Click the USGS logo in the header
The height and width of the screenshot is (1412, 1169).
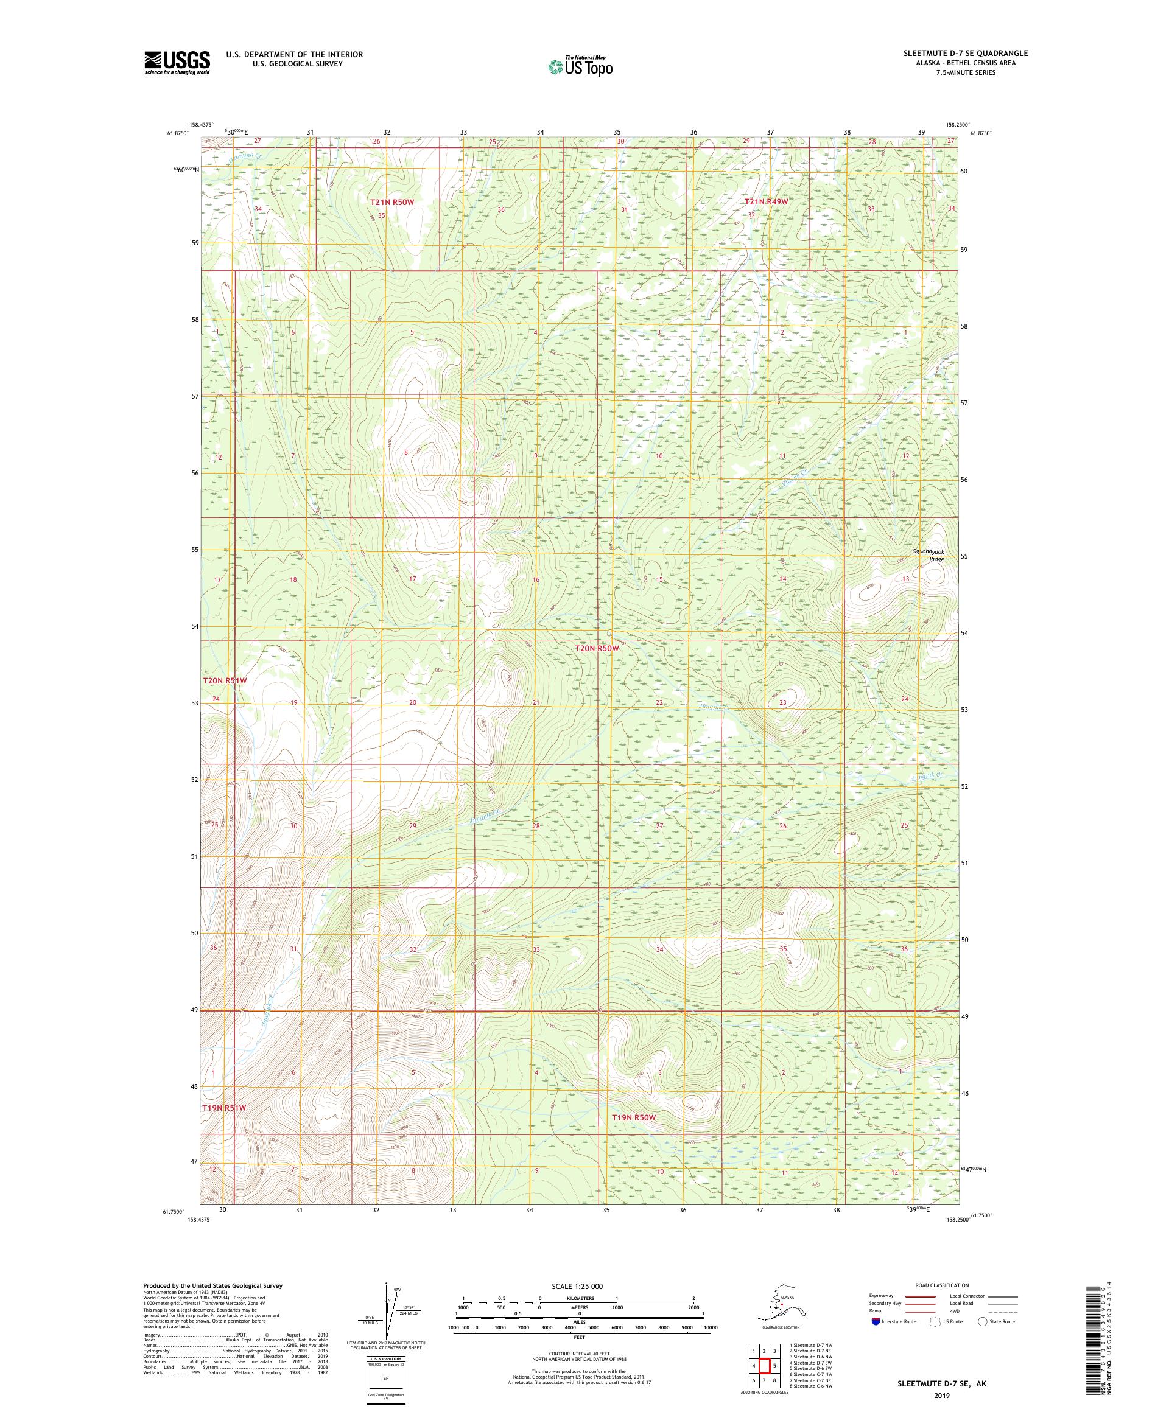[x=176, y=63]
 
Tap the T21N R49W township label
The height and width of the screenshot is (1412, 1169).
[x=765, y=201]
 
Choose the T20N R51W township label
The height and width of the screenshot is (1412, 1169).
[x=225, y=680]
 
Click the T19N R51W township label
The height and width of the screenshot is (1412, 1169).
[x=225, y=1106]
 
